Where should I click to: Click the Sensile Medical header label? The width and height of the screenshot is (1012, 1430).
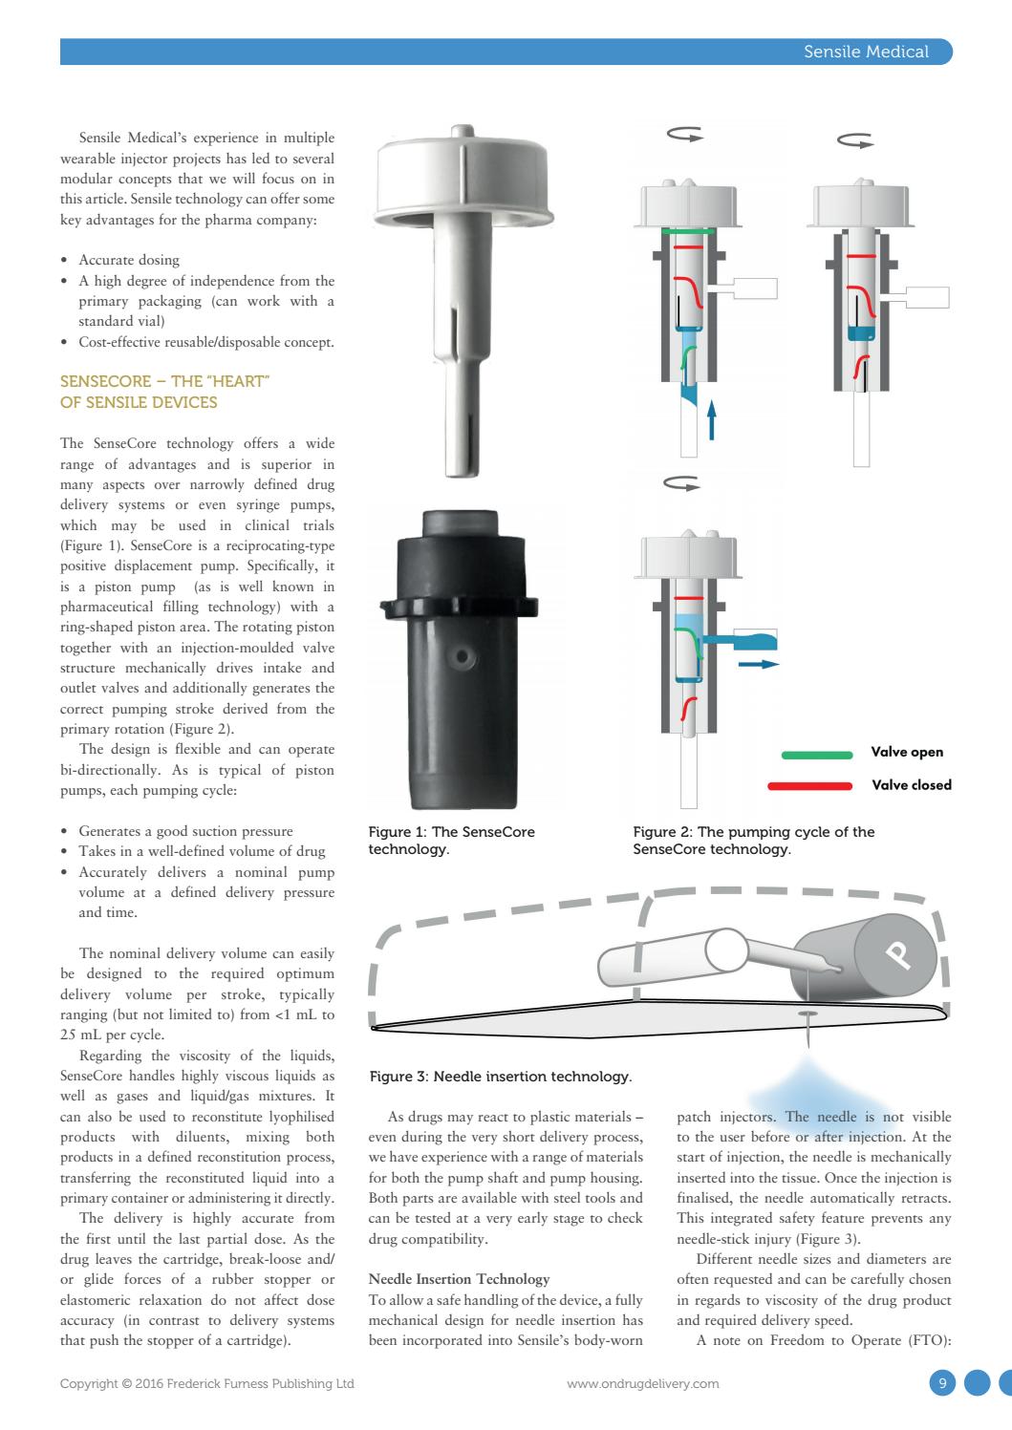pos(866,52)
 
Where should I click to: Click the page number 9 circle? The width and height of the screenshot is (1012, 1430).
pos(942,1382)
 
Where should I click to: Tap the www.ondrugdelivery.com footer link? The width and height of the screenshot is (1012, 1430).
pos(642,1383)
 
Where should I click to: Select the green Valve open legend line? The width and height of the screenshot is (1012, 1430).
pos(817,754)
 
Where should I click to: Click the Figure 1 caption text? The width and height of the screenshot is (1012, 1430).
pos(451,840)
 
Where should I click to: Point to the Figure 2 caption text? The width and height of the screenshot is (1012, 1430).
pos(753,840)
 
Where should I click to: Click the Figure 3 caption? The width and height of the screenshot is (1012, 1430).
pos(500,1077)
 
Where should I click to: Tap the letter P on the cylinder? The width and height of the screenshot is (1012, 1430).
pos(895,953)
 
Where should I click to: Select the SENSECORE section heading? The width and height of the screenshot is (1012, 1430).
pos(165,392)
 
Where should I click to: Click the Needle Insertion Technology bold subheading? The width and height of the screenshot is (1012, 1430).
pos(459,1278)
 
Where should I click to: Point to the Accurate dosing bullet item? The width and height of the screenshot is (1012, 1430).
pos(128,260)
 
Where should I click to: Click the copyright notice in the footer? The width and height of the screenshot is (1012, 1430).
pos(207,1383)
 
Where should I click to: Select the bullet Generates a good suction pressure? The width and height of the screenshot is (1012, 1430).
pos(185,831)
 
